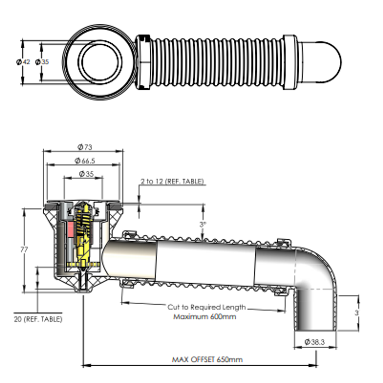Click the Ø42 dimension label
click(23, 62)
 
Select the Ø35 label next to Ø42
click(42, 62)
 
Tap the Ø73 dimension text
click(84, 146)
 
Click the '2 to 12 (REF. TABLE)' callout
click(172, 181)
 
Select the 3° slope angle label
click(202, 224)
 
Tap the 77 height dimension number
click(24, 249)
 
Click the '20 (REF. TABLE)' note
click(38, 319)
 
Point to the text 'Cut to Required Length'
click(206, 307)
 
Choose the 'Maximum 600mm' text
click(205, 316)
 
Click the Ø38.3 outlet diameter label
click(315, 342)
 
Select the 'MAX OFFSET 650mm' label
click(207, 360)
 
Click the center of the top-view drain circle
click(100, 62)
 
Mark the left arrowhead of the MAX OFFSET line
click(85, 365)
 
